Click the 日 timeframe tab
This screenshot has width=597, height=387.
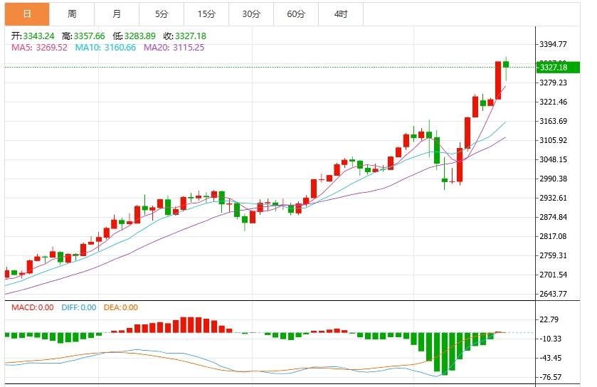[x=27, y=14]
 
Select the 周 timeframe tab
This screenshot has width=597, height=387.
[x=72, y=14]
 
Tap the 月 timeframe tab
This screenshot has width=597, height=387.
[x=117, y=14]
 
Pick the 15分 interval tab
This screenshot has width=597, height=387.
[x=206, y=14]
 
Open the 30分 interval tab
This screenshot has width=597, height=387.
[x=251, y=14]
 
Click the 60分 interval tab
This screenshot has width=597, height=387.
[x=296, y=14]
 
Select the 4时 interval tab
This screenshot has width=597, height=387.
[x=341, y=14]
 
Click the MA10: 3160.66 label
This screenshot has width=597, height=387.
[x=105, y=48]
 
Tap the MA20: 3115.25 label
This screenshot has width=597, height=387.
[x=174, y=48]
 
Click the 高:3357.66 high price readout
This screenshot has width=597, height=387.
[x=83, y=36]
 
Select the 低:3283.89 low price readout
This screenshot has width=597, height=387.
[x=134, y=36]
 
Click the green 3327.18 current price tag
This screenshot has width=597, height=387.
[x=554, y=68]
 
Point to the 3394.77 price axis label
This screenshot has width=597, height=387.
[x=554, y=44]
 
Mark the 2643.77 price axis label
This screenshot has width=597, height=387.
[x=554, y=294]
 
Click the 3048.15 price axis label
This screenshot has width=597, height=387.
[x=554, y=159]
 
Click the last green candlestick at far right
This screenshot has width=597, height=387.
[x=506, y=65]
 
